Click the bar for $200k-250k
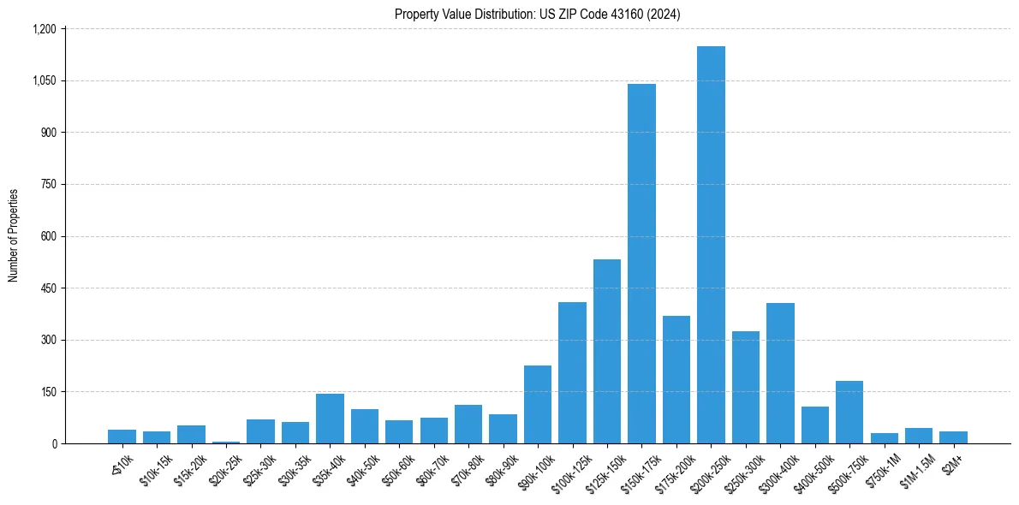(x=711, y=248)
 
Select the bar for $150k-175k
(x=641, y=265)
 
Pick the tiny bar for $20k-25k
(x=226, y=442)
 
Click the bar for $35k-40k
(x=330, y=419)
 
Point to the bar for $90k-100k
(x=538, y=405)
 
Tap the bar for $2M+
(x=953, y=437)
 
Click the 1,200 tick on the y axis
(x=45, y=29)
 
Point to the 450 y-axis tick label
(x=47, y=288)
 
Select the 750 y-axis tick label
(x=47, y=185)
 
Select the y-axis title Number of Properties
(x=13, y=235)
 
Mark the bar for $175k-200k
(x=676, y=381)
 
